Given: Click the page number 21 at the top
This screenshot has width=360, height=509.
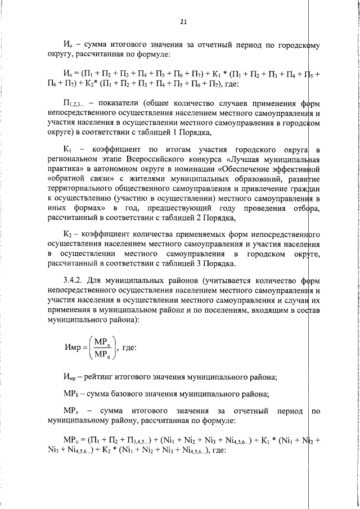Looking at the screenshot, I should coord(183,22).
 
